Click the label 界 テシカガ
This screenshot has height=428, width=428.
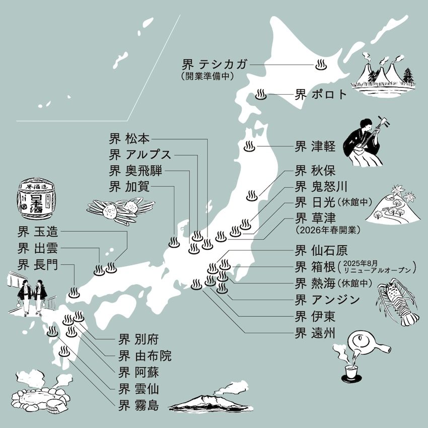pyautogui.click(x=215, y=65)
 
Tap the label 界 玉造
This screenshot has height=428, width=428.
pyautogui.click(x=38, y=232)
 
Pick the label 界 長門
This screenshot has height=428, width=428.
pyautogui.click(x=38, y=264)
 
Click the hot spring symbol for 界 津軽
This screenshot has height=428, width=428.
pyautogui.click(x=249, y=147)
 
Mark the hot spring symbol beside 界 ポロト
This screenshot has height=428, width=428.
pyautogui.click(x=261, y=94)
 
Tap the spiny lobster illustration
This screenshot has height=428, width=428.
pyautogui.click(x=398, y=302)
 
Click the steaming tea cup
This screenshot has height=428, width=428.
pyautogui.click(x=351, y=372)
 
